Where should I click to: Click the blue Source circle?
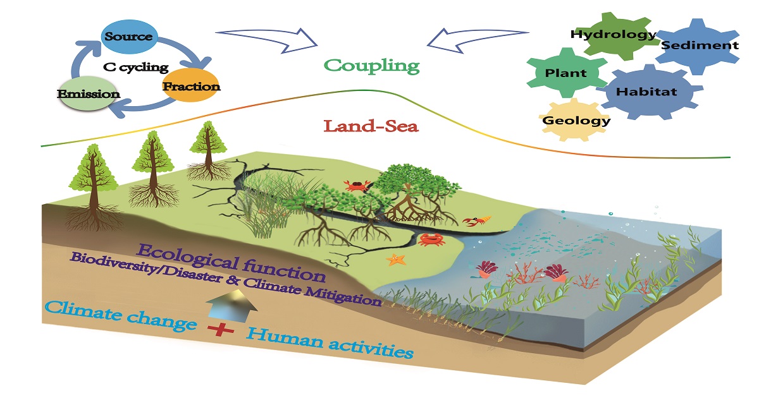click(128, 36)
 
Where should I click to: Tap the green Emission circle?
click(89, 93)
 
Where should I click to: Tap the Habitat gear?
click(646, 92)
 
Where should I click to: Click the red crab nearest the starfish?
click(430, 239)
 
